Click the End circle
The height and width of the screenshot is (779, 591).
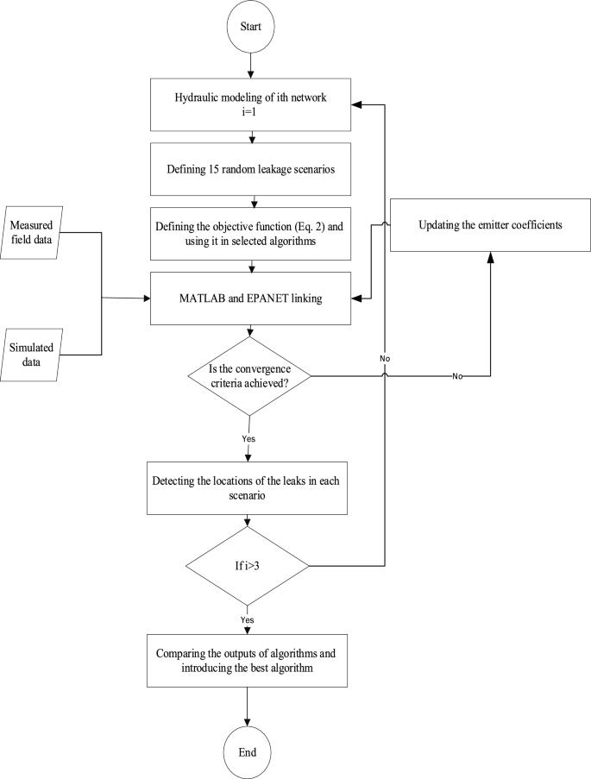coord(249,748)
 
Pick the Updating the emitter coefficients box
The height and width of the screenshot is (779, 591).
coord(490,226)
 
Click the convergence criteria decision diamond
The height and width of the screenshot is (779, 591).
coord(249,375)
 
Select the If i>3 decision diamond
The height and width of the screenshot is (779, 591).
coord(249,567)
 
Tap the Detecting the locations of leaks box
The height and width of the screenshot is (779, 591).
coord(249,487)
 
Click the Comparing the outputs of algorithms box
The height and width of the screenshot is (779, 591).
coord(249,655)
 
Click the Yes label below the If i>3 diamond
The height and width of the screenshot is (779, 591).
coord(249,619)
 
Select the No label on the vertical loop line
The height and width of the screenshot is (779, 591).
coord(384,355)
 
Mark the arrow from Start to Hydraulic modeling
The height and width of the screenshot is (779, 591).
coord(249,65)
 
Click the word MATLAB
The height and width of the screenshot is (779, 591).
coord(201,298)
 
